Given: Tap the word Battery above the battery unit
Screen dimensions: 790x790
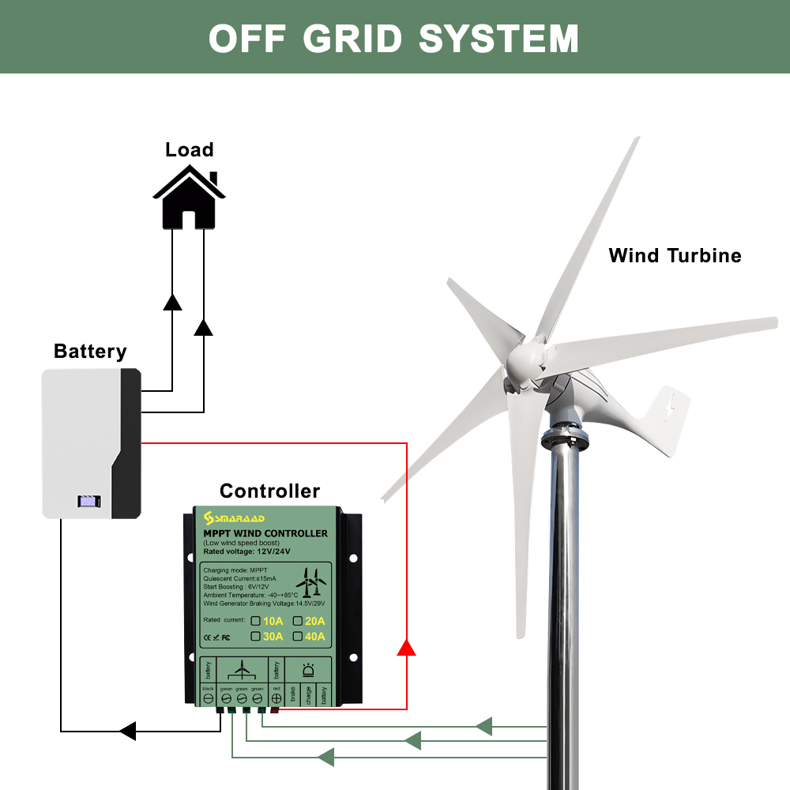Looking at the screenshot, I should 90,352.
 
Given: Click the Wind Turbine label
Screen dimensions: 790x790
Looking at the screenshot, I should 675,255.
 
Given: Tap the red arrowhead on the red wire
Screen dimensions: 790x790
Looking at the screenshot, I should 406,647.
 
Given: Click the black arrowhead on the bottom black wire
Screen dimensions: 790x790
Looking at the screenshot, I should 127,731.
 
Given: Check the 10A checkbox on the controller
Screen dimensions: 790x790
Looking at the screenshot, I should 256,620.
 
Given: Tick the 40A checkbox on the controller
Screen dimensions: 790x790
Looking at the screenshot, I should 297,636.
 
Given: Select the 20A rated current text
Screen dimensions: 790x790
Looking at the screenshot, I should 315,621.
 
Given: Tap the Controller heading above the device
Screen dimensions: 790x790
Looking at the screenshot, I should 269,491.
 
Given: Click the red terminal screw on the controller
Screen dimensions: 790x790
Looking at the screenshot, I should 276,698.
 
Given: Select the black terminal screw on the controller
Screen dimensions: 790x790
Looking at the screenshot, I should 209,698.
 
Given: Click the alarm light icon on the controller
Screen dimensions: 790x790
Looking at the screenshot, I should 307,671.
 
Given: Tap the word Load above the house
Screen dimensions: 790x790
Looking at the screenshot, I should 189,149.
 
